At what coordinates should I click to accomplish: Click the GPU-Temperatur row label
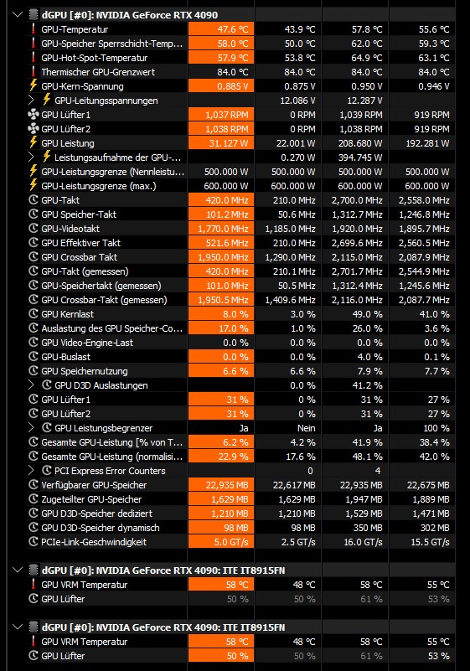(75, 29)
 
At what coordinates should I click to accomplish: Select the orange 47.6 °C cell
(221, 29)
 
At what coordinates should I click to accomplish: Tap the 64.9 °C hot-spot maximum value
(364, 58)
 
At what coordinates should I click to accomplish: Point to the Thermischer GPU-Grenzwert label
(98, 72)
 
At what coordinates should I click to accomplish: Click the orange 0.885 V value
(221, 86)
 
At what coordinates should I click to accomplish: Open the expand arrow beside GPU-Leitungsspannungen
(31, 101)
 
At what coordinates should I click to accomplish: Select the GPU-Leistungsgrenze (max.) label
(99, 186)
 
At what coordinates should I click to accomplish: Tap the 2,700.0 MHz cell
(357, 200)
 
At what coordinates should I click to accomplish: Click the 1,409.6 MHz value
(290, 300)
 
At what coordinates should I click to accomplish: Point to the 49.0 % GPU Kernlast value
(367, 314)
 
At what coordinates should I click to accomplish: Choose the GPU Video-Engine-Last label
(87, 343)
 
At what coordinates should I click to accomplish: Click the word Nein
(306, 428)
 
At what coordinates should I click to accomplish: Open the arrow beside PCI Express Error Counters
(31, 471)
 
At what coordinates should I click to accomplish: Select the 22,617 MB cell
(294, 485)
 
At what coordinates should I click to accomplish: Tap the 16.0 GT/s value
(363, 542)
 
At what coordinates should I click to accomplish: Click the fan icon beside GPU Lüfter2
(33, 129)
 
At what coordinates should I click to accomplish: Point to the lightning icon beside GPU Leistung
(33, 142)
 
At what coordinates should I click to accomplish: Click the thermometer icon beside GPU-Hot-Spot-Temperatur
(33, 57)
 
